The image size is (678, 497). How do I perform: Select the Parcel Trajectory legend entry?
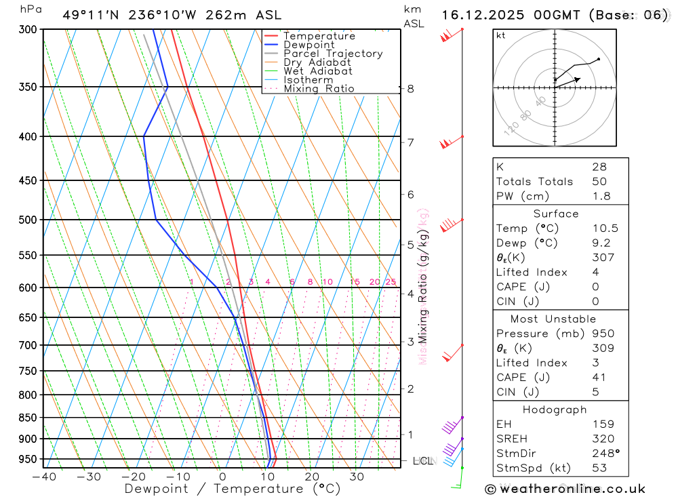[332, 54]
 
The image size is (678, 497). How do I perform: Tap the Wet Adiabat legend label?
[317, 71]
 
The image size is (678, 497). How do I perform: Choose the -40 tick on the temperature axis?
[43, 477]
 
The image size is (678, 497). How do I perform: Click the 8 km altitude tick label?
[410, 89]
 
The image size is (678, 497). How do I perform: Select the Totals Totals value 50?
[599, 182]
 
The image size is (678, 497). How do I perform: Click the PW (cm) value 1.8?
[602, 197]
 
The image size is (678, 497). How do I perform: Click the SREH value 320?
[602, 439]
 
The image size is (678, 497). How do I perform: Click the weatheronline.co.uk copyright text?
[565, 489]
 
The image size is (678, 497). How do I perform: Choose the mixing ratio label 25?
[391, 282]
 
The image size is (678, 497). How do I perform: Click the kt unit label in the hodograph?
[501, 36]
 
